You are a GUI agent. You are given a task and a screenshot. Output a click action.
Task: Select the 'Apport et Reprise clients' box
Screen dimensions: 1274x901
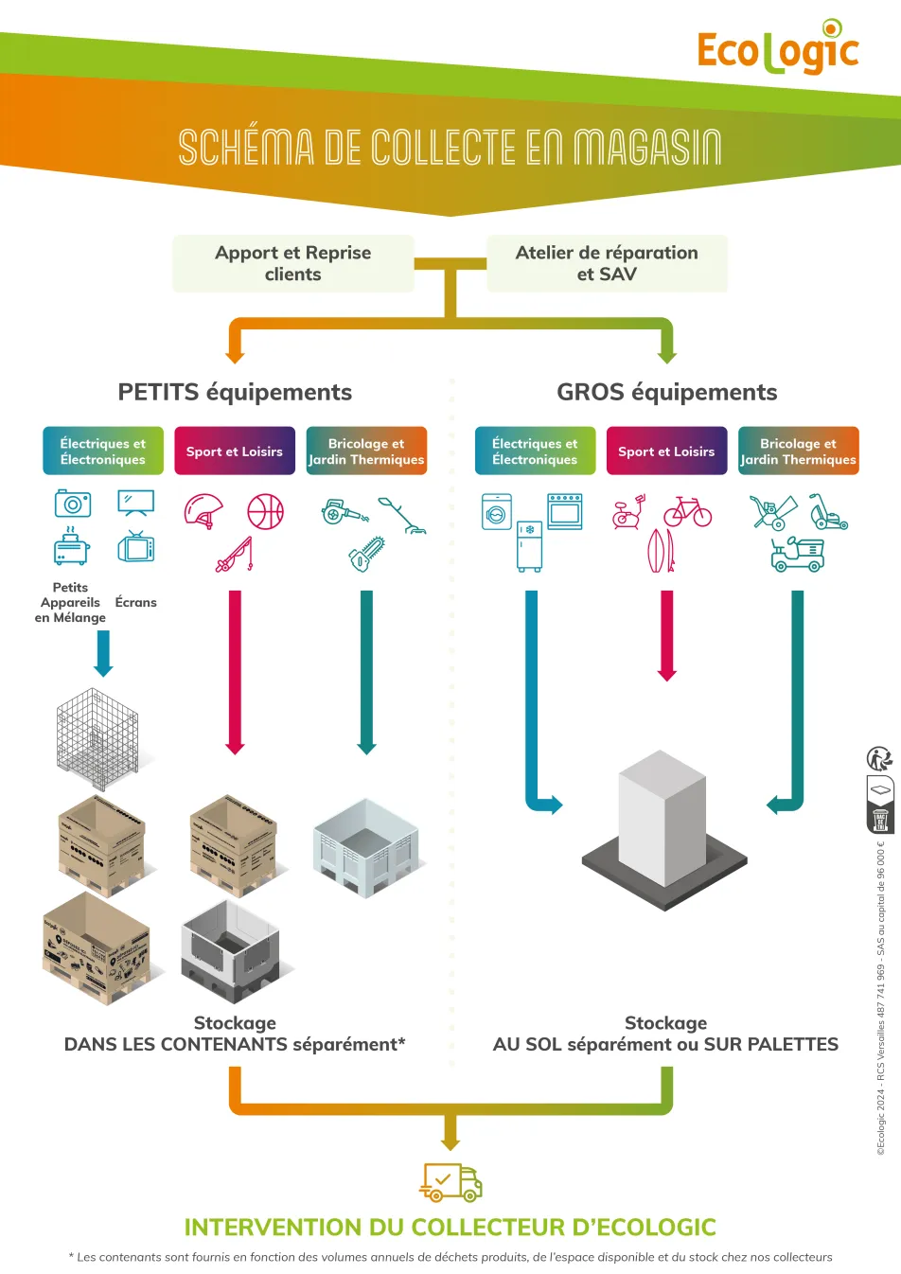(293, 263)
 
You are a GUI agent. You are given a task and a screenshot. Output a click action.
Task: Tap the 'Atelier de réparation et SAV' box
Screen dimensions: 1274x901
(607, 263)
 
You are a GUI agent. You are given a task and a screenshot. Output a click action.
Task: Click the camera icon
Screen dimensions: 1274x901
(73, 504)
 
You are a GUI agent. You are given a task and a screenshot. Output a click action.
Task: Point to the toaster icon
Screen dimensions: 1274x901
(71, 549)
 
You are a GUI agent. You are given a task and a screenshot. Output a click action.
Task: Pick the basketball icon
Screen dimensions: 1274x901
(265, 511)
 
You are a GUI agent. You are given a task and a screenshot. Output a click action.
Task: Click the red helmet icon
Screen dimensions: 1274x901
(203, 511)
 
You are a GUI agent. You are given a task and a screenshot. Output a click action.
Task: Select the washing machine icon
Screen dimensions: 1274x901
(497, 511)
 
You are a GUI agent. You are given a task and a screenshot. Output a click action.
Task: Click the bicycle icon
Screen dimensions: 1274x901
(688, 512)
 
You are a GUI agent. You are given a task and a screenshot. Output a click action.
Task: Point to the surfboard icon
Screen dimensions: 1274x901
(661, 550)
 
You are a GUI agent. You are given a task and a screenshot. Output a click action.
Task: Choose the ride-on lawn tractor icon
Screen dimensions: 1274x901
(798, 554)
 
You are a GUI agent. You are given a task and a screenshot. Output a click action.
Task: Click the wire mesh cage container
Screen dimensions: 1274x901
(97, 738)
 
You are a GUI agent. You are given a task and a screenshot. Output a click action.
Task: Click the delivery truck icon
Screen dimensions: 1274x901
(451, 1181)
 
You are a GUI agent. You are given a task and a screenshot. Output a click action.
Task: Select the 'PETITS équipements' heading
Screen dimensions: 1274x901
(235, 392)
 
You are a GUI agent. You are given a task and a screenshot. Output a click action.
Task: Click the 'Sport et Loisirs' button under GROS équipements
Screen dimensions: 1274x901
(666, 451)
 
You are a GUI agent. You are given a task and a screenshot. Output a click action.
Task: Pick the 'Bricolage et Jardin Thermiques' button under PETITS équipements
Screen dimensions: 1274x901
(366, 451)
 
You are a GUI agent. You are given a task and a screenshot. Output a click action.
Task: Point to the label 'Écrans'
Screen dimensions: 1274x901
(136, 602)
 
